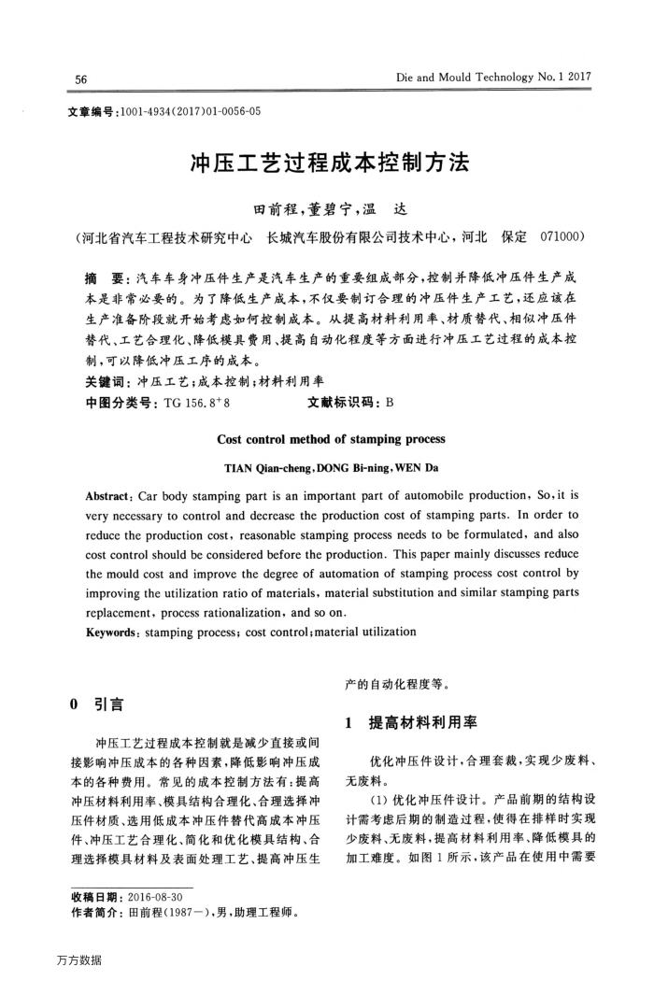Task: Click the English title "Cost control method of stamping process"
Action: [331, 438]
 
